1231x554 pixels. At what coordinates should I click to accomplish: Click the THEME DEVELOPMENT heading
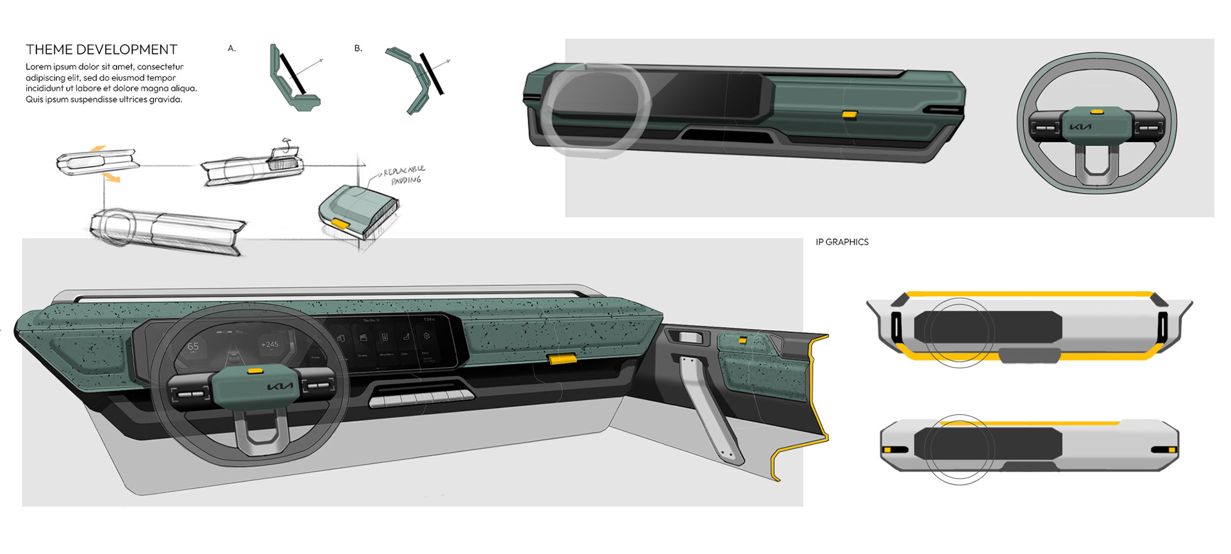[101, 49]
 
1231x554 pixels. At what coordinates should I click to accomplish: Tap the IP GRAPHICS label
[842, 242]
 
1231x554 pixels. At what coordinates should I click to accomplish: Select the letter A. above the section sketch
[231, 48]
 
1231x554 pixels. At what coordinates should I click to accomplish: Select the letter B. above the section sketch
[358, 48]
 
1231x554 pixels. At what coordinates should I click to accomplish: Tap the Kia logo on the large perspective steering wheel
[280, 387]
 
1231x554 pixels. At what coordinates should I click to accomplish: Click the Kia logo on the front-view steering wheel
[1080, 126]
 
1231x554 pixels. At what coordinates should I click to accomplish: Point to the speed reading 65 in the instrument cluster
[193, 346]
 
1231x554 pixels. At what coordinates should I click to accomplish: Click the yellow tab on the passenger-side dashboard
[562, 359]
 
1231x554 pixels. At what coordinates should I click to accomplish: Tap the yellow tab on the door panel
[742, 340]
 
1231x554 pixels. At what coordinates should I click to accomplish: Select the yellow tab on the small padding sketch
[340, 224]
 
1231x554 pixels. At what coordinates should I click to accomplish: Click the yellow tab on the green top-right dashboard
[850, 115]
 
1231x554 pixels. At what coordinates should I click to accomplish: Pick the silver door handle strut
[710, 410]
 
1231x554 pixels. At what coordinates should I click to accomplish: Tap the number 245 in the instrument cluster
[271, 344]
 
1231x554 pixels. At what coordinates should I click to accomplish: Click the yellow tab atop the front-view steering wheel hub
[1097, 112]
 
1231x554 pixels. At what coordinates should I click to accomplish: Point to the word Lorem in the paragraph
[37, 67]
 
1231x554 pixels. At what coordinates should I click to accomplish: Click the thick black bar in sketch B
[431, 74]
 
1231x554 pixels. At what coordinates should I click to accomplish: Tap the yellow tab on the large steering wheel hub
[256, 370]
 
